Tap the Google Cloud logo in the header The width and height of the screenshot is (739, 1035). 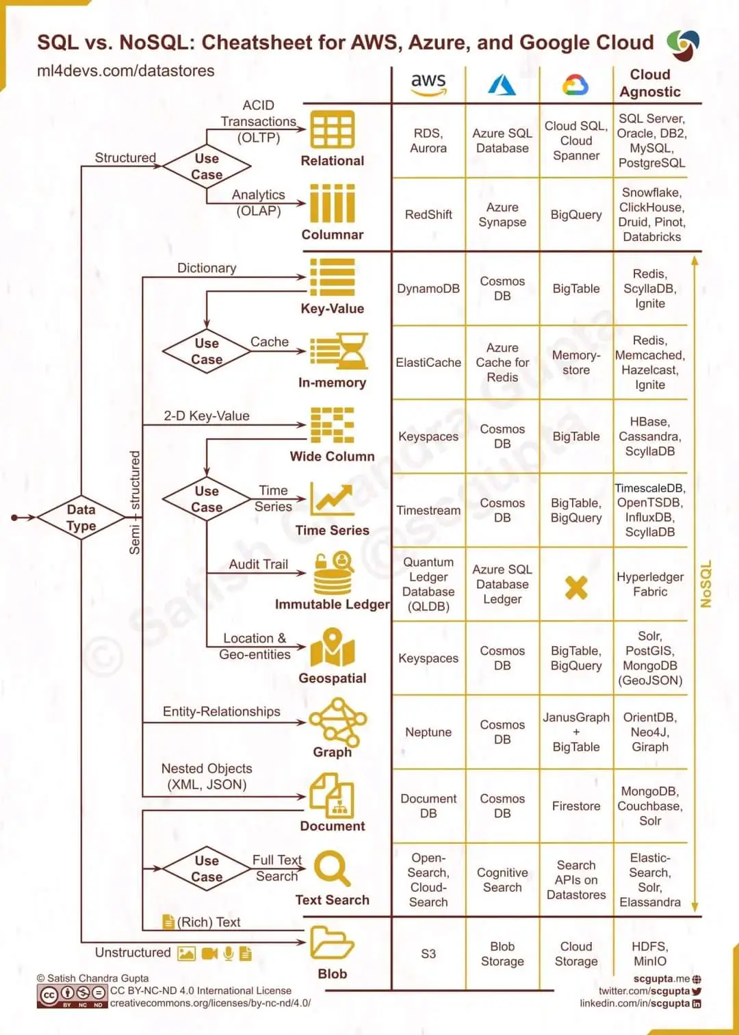pyautogui.click(x=575, y=85)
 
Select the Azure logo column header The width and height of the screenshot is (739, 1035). pyautogui.click(x=502, y=85)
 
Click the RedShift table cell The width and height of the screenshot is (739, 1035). pyautogui.click(x=428, y=214)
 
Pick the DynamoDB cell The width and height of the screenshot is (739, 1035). pyautogui.click(x=428, y=288)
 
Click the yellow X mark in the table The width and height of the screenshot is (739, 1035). pyautogui.click(x=576, y=587)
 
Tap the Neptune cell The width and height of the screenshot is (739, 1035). pyautogui.click(x=428, y=732)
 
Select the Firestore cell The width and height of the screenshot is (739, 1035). pyautogui.click(x=576, y=806)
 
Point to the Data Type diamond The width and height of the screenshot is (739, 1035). pyautogui.click(x=81, y=517)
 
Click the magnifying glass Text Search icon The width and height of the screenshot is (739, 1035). pyautogui.click(x=333, y=868)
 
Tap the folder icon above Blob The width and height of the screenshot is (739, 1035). pyautogui.click(x=332, y=943)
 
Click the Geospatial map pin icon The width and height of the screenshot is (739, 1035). pyautogui.click(x=333, y=648)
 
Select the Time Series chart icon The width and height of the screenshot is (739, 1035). pyautogui.click(x=332, y=499)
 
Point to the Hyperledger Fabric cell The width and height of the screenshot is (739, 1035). pyautogui.click(x=650, y=584)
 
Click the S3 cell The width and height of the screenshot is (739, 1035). pyautogui.click(x=428, y=954)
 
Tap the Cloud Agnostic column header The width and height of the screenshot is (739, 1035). pyautogui.click(x=650, y=83)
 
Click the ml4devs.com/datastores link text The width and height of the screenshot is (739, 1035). pyautogui.click(x=125, y=71)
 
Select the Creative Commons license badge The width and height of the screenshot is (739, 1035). pyautogui.click(x=71, y=995)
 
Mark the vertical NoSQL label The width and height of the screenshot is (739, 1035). pyautogui.click(x=706, y=584)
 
